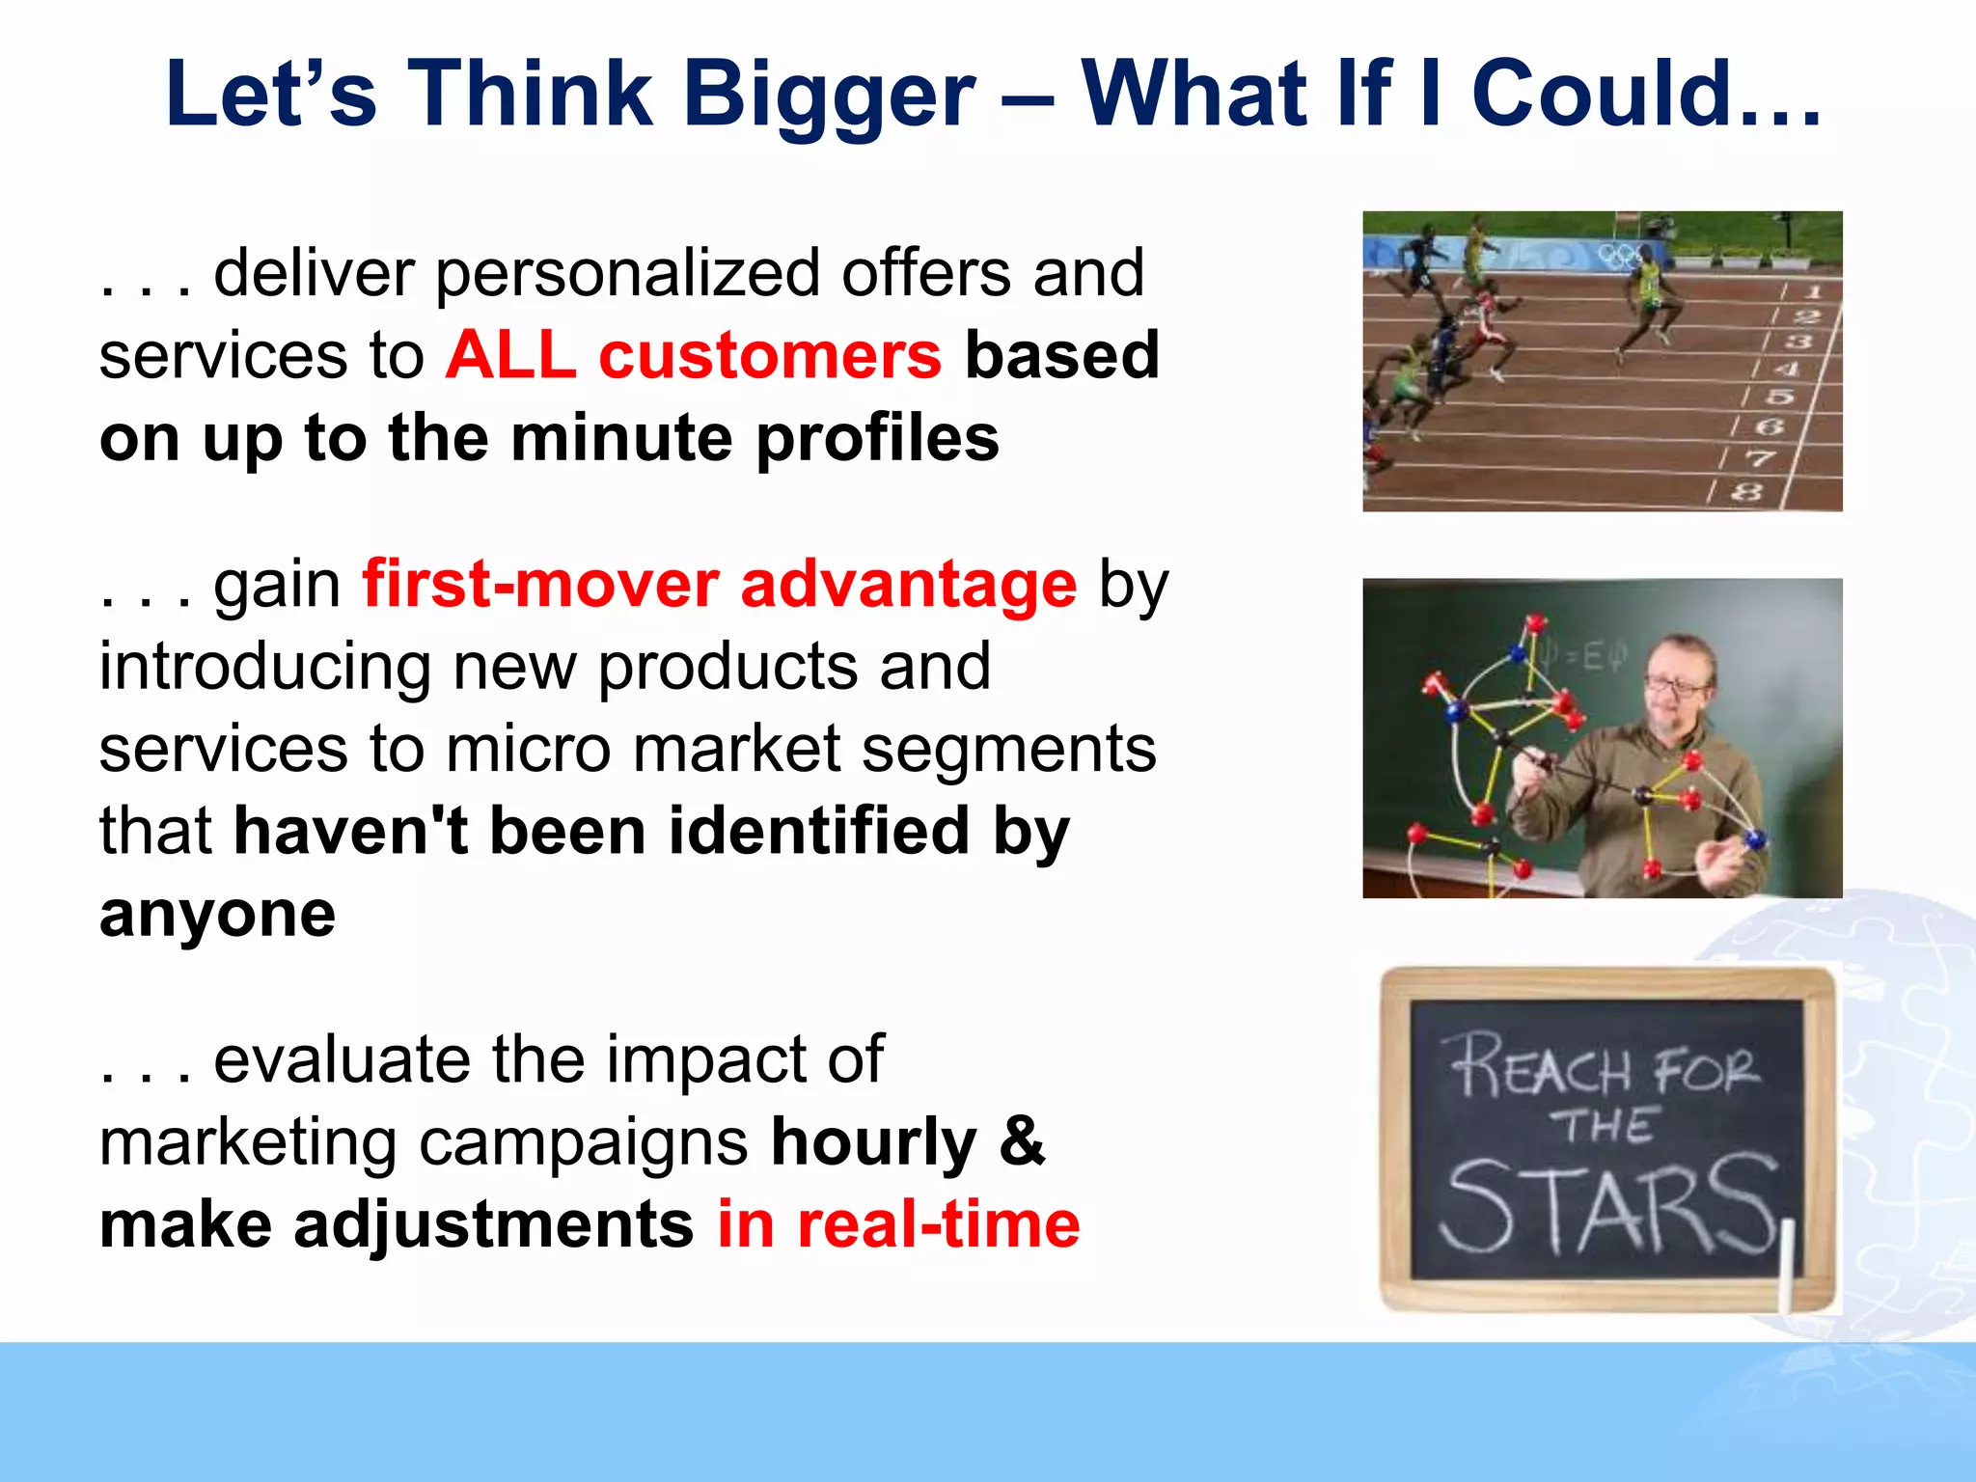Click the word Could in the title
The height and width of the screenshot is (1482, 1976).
(1602, 95)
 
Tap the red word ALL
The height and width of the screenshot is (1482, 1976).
(510, 355)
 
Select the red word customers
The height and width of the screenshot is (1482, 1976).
(769, 355)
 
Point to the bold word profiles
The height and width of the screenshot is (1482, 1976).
(876, 438)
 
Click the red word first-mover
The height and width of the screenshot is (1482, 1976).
(540, 585)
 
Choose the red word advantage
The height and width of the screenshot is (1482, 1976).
(908, 585)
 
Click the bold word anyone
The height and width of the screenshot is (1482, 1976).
(217, 914)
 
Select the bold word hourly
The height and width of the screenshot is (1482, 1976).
(873, 1142)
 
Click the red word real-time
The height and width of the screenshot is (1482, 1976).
(938, 1224)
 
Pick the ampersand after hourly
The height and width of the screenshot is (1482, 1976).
(1022, 1142)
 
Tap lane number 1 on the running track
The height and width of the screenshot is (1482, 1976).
(1814, 290)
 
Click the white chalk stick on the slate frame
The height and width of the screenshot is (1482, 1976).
(1786, 1262)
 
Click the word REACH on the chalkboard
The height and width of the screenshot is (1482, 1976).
(1540, 1067)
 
